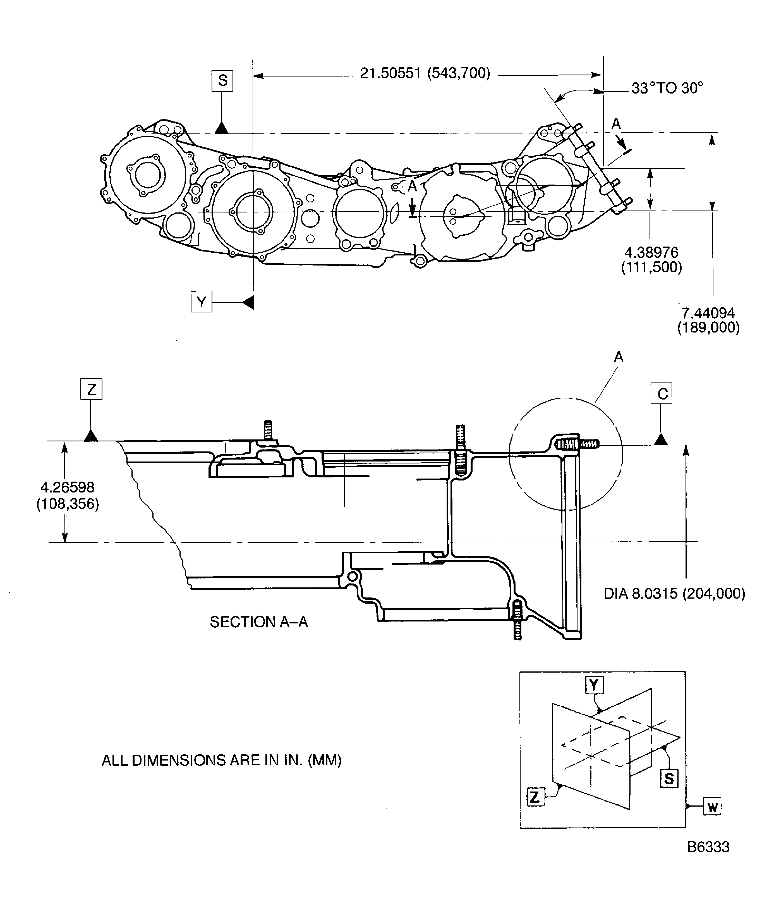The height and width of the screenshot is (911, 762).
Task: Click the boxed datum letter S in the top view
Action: (x=222, y=81)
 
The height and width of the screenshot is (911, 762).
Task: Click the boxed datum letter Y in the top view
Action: (x=201, y=302)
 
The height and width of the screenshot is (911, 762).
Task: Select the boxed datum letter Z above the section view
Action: (x=91, y=389)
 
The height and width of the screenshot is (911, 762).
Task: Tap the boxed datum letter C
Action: (x=662, y=393)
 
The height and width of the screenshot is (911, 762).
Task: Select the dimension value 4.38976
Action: (x=651, y=252)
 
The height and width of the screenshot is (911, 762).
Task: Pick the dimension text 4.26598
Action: (x=67, y=487)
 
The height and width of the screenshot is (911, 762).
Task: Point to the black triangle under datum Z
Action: (x=91, y=436)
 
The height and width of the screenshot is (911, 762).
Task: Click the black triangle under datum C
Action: (x=660, y=439)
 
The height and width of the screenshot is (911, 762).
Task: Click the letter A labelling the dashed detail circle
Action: (x=619, y=357)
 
